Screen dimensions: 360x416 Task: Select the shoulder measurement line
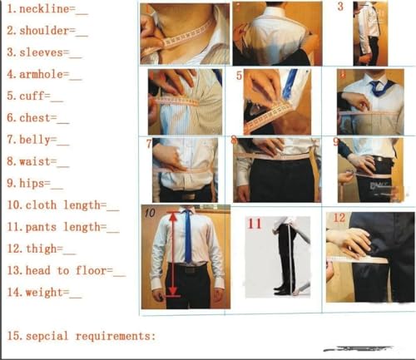47,32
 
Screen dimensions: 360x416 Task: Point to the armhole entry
46,75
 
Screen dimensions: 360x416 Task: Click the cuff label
34,96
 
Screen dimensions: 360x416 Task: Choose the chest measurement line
38,119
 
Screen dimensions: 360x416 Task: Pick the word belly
38,141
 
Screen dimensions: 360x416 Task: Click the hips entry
34,183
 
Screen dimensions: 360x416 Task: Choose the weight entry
43,292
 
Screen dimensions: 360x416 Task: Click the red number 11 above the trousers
254,223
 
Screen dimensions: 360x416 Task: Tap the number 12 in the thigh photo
339,218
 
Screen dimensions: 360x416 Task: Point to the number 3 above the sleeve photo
339,7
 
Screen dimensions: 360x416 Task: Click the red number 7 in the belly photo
148,143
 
